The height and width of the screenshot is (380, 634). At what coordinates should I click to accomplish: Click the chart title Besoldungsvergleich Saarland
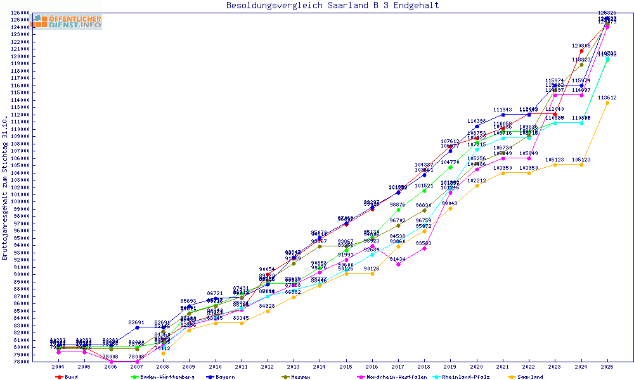(x=332, y=6)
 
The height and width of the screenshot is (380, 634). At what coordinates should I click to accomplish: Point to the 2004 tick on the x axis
(x=58, y=367)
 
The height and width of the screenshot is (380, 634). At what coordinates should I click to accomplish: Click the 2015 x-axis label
(x=346, y=367)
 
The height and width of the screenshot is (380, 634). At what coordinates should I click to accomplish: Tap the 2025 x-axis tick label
(x=607, y=367)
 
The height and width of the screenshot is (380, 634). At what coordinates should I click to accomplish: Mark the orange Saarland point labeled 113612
(x=607, y=103)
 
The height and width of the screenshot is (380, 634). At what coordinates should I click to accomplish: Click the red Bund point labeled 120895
(x=581, y=51)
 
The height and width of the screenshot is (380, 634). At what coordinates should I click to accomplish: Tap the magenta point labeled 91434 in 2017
(x=398, y=264)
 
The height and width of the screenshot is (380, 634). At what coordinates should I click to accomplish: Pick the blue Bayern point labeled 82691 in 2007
(x=136, y=327)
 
